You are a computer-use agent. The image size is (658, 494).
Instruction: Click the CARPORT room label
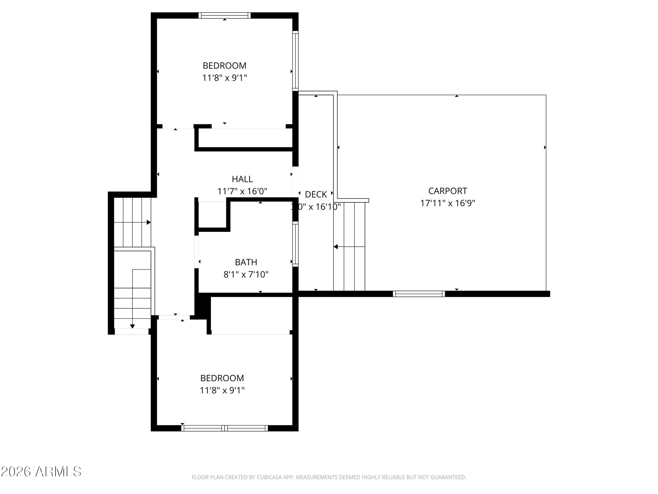click(x=447, y=191)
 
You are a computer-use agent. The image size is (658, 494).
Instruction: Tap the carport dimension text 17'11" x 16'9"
click(x=447, y=203)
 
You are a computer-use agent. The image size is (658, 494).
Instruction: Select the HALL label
click(x=242, y=179)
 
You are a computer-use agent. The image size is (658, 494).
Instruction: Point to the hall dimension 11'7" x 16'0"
click(x=242, y=191)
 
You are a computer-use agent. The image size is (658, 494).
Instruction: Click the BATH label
click(x=246, y=262)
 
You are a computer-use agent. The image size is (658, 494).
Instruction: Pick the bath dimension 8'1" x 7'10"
click(x=246, y=274)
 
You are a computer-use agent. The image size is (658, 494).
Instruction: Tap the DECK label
click(x=316, y=194)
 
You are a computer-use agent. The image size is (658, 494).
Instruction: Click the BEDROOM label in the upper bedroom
click(x=224, y=66)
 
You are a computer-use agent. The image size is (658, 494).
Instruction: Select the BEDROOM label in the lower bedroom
click(x=222, y=378)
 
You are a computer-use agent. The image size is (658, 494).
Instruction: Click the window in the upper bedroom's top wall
click(x=225, y=16)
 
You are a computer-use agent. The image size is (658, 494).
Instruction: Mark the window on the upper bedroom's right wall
click(x=295, y=61)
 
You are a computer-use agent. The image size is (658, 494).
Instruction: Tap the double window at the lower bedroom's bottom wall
click(x=225, y=428)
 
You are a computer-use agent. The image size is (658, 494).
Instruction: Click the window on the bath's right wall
click(x=295, y=244)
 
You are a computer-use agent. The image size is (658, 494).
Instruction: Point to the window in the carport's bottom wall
click(x=419, y=294)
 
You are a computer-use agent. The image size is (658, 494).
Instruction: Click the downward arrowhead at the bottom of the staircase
click(x=132, y=326)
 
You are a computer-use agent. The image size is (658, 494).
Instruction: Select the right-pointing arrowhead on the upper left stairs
click(x=149, y=222)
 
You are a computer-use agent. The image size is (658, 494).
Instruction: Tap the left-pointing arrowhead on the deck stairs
click(x=336, y=247)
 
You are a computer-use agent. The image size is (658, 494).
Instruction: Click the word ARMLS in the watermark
click(x=58, y=472)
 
